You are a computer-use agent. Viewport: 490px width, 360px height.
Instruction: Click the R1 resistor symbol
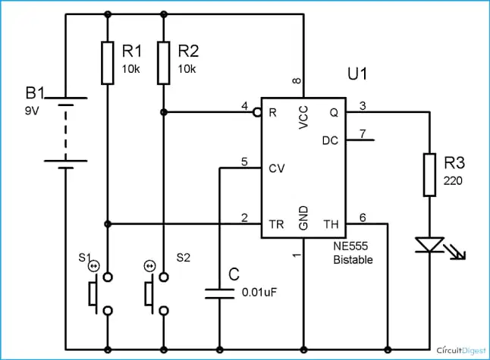(108, 63)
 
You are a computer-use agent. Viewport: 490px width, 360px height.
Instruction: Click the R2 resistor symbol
(163, 63)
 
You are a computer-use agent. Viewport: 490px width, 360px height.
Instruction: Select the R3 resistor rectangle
(429, 175)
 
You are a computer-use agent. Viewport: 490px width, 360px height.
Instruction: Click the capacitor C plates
(219, 294)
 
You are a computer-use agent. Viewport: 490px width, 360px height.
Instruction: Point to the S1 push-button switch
(99, 293)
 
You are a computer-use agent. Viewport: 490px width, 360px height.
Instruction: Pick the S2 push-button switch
(155, 293)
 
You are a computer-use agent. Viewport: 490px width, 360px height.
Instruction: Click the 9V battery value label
(32, 111)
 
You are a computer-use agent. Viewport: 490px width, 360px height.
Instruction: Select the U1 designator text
(357, 74)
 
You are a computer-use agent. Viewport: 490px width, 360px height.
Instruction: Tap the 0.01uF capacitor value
(259, 293)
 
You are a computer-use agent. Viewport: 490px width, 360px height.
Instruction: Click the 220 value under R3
(453, 180)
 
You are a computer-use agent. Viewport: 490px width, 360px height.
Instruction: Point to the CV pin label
(277, 168)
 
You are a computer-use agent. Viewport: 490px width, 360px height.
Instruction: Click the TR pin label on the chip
(276, 224)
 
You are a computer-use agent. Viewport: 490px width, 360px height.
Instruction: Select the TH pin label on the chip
(331, 224)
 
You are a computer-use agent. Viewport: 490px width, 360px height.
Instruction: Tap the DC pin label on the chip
(330, 140)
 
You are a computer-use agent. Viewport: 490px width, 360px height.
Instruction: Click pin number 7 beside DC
(363, 133)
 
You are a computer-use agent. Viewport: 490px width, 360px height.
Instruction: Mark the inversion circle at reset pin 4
(257, 112)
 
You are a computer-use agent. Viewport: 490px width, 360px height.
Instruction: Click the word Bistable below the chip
(353, 260)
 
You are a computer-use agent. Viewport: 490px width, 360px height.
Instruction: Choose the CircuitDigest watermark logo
(461, 350)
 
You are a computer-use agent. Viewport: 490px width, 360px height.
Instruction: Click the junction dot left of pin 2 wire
(108, 224)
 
